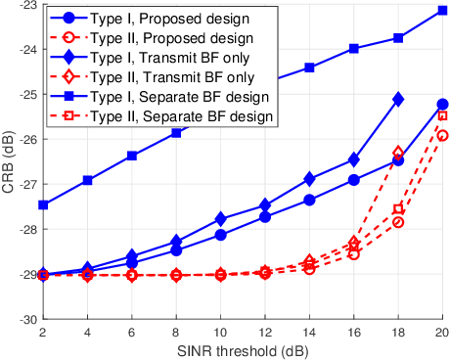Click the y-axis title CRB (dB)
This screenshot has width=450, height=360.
[x=8, y=161]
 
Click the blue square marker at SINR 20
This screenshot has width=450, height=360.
[x=442, y=11]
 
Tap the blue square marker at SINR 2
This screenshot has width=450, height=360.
[x=43, y=204]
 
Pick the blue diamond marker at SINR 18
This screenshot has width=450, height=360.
[x=398, y=99]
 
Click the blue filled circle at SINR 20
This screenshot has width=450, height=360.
[x=442, y=104]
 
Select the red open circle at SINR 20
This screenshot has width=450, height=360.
[x=442, y=135]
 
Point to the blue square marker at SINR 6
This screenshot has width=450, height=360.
[x=132, y=156]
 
